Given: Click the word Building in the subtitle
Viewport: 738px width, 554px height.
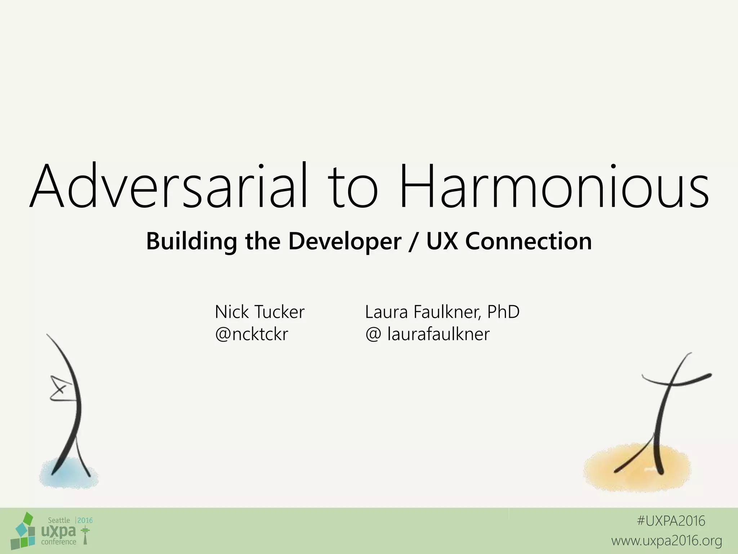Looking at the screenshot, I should (191, 242).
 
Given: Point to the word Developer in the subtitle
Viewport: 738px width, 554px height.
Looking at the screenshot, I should (345, 242).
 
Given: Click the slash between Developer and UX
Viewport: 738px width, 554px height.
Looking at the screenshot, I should (414, 242).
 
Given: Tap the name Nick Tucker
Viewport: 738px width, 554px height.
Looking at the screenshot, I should (259, 312).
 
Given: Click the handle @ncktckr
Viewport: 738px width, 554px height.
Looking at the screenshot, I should (251, 334).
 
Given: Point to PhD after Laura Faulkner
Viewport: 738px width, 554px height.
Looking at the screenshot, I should (503, 312).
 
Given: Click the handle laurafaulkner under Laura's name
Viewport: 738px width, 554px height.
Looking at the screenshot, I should (438, 334).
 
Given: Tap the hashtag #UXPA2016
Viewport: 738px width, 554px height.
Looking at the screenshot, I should (671, 521).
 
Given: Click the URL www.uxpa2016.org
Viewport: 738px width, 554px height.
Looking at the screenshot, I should (666, 541).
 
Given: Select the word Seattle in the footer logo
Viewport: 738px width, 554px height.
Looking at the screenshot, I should (59, 520).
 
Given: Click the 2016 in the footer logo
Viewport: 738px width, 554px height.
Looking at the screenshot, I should (85, 520).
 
